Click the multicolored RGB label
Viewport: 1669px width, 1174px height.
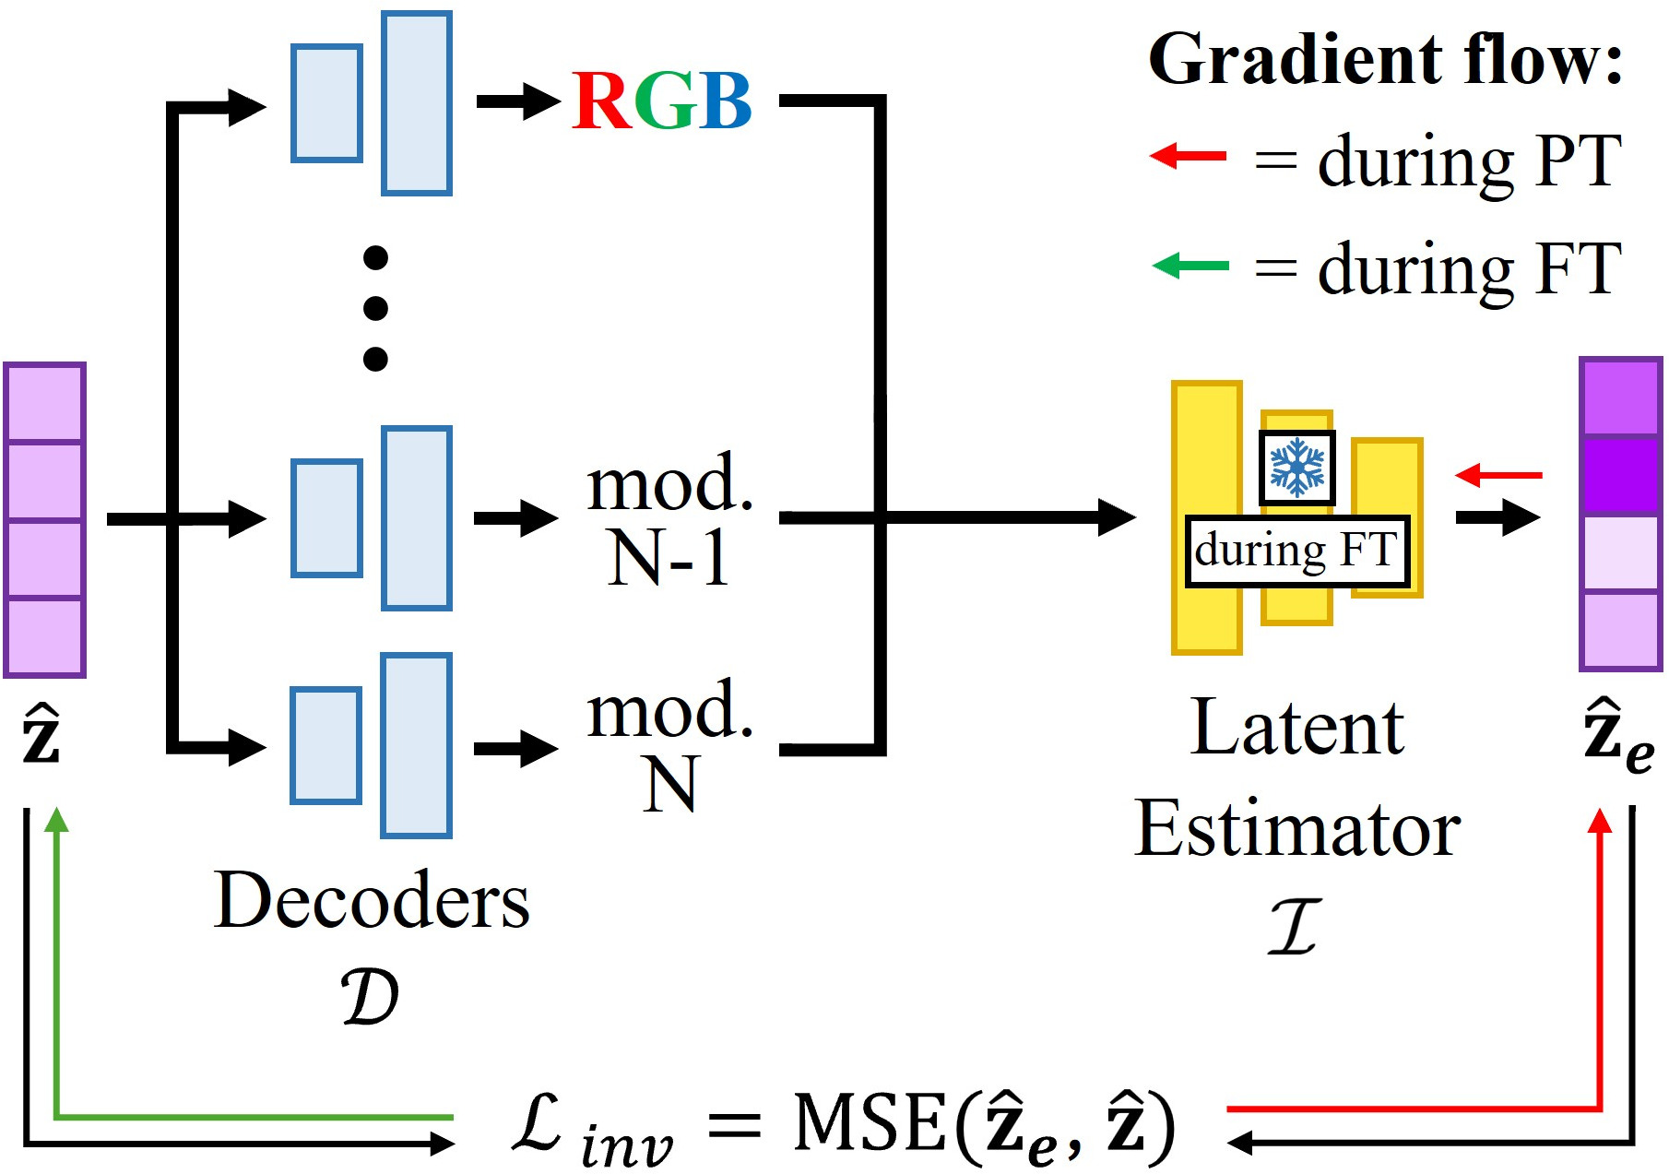point(662,101)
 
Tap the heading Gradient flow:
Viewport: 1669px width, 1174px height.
point(1385,59)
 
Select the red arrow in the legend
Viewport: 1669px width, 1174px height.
point(1188,156)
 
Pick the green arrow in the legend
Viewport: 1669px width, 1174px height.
point(1190,267)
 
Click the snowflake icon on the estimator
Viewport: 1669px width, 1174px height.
point(1296,468)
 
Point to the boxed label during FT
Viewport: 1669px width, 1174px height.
point(1297,551)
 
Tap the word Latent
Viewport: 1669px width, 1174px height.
point(1297,727)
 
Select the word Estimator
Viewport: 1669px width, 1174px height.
point(1297,828)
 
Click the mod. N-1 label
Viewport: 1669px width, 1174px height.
point(670,519)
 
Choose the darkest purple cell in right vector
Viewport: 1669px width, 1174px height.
point(1620,475)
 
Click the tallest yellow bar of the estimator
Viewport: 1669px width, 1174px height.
point(1207,517)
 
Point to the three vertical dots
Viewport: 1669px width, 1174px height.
point(375,308)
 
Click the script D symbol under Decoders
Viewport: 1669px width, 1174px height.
point(370,997)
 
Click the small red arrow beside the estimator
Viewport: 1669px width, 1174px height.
point(1498,475)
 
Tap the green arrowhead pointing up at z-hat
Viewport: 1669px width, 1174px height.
point(57,820)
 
